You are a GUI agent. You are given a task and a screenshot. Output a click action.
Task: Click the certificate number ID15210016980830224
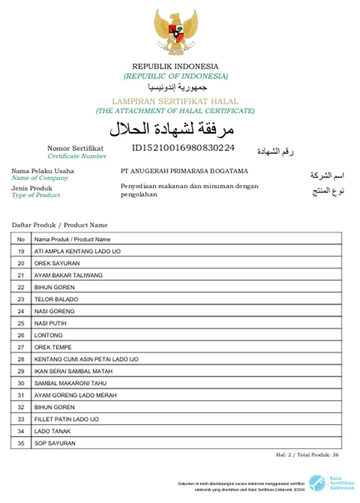(x=183, y=148)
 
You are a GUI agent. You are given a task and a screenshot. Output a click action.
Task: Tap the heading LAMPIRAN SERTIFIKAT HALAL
(x=175, y=101)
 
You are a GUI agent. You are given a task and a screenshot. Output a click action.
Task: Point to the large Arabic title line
(x=172, y=129)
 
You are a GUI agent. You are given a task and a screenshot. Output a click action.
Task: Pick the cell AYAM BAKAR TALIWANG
(x=69, y=275)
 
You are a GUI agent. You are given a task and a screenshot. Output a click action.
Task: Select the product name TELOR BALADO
(x=56, y=299)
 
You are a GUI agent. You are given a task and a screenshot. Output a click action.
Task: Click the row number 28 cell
(x=21, y=359)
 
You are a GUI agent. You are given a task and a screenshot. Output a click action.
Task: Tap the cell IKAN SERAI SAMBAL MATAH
(x=73, y=371)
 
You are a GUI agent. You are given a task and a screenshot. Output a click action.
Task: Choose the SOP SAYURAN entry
(x=55, y=443)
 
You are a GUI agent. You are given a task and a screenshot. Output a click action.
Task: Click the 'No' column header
(x=21, y=239)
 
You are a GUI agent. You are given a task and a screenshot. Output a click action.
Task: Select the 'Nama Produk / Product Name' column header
(x=72, y=239)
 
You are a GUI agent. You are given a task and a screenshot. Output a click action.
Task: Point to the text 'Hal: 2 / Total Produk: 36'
(x=307, y=455)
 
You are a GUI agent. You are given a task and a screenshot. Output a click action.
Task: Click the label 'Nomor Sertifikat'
(x=75, y=148)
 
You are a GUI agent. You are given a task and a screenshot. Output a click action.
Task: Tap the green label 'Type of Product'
(x=36, y=195)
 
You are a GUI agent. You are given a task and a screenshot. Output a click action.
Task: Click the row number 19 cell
(x=21, y=251)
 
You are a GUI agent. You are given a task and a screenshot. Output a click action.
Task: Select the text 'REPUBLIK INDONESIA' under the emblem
(x=175, y=66)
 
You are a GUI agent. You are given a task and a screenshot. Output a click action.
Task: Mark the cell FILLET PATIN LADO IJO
(x=67, y=419)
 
